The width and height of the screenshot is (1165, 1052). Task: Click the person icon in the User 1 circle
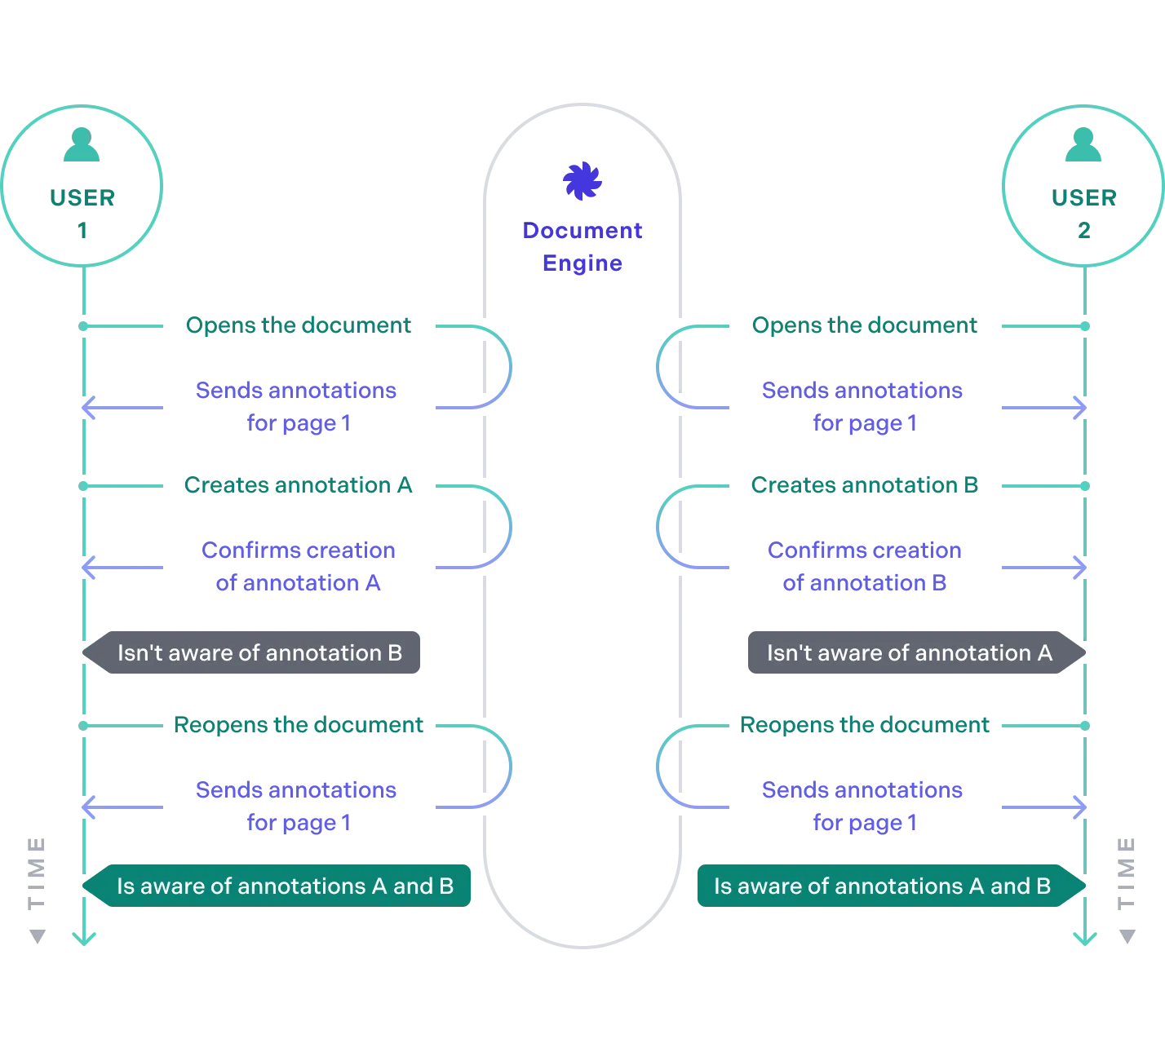82,144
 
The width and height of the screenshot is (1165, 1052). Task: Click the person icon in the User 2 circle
1083,144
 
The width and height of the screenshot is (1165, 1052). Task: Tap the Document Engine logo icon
583,181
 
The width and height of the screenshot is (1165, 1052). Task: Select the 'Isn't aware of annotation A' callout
909,653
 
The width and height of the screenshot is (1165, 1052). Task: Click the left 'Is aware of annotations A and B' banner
284,886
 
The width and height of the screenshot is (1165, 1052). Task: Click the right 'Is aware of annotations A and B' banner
882,886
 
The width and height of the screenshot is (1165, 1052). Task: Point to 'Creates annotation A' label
298,486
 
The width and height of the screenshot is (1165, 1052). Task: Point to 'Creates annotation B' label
864,486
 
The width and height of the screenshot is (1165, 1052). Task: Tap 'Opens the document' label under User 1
298,326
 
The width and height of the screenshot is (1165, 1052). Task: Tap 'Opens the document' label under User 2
864,326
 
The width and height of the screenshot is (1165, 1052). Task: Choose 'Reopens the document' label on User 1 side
298,725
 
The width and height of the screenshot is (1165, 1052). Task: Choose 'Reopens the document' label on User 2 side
864,725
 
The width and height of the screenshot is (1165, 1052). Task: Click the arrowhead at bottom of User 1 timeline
83,937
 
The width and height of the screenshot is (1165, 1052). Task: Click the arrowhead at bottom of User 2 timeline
1085,937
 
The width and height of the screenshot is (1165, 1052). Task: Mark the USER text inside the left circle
82,198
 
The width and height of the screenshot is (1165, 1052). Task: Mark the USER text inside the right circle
1083,198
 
